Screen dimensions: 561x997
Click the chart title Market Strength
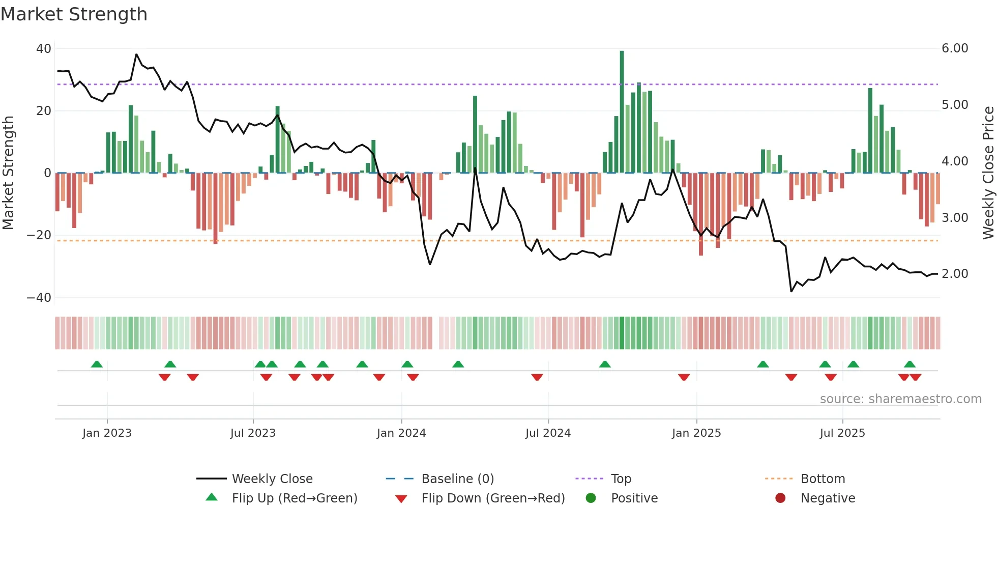click(74, 14)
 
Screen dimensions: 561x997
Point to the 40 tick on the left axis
click(44, 49)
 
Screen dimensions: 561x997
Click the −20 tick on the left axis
click(39, 235)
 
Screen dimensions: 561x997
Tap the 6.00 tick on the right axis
click(955, 48)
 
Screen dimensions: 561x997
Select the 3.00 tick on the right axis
click(955, 218)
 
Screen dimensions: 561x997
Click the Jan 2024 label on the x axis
click(401, 433)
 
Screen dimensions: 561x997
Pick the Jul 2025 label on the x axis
click(842, 433)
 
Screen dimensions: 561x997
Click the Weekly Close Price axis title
click(988, 173)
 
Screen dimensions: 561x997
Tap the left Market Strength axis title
click(9, 173)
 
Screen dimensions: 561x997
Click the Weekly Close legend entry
click(272, 479)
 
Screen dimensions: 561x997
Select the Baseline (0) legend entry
click(457, 479)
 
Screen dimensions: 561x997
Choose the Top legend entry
click(621, 479)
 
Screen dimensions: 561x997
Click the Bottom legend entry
click(823, 479)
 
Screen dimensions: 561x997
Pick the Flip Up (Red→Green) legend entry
click(294, 498)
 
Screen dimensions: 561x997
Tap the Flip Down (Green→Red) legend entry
click(492, 498)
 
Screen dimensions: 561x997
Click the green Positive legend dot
click(591, 498)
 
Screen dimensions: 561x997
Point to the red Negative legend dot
click(780, 498)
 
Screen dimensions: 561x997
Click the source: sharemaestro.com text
click(900, 399)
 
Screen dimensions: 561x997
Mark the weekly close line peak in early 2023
click(136, 54)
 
